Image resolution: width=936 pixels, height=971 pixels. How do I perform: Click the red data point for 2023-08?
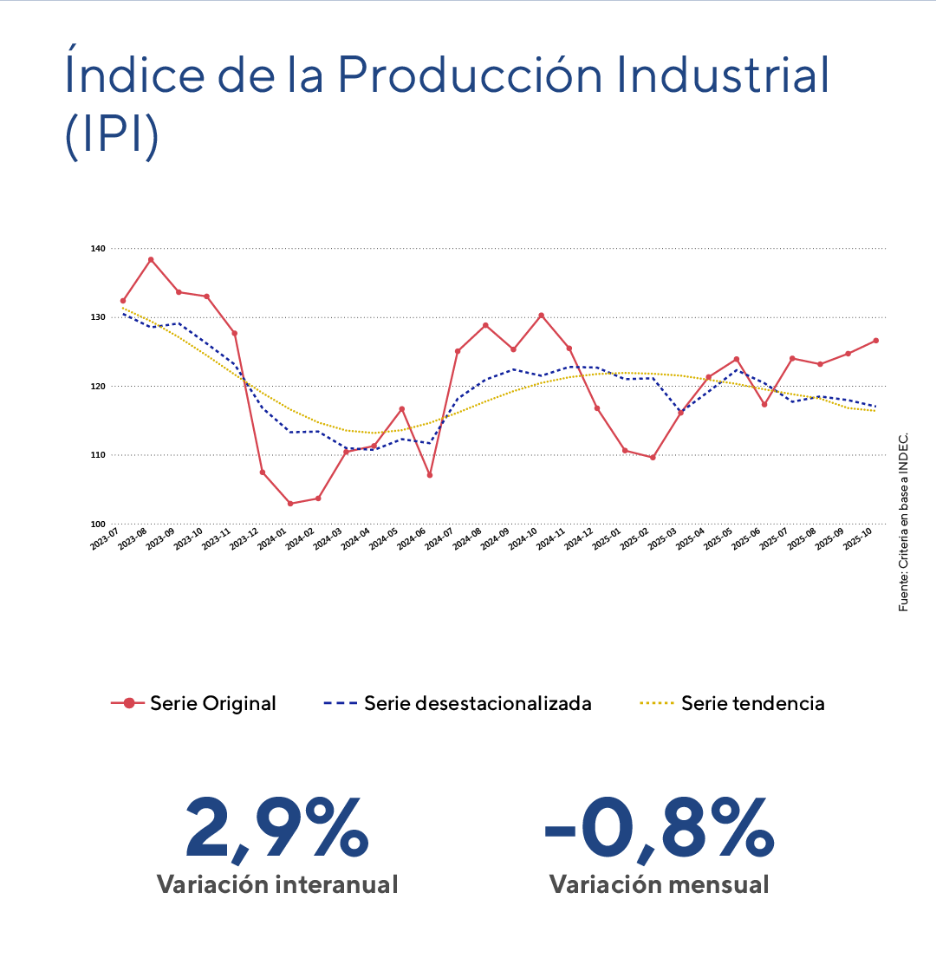tap(151, 259)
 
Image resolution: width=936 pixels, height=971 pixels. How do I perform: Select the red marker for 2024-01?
tap(289, 504)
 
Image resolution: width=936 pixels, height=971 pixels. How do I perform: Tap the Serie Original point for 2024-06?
tap(430, 475)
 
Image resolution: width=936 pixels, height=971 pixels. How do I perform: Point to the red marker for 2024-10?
tap(541, 316)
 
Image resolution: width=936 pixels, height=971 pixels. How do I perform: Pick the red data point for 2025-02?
tap(653, 457)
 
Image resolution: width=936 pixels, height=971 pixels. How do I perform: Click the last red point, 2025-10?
tap(876, 341)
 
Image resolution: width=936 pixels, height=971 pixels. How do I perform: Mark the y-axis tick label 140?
tap(97, 249)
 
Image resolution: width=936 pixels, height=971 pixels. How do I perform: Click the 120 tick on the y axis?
tap(97, 386)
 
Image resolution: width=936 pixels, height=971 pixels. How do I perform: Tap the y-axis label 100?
tap(97, 524)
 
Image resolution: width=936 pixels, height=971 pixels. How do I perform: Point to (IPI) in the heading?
tap(111, 135)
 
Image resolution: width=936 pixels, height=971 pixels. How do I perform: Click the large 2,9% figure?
tap(276, 830)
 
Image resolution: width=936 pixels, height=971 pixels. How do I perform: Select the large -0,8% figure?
tap(659, 830)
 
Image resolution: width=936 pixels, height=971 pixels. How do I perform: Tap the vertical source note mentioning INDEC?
tap(904, 520)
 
